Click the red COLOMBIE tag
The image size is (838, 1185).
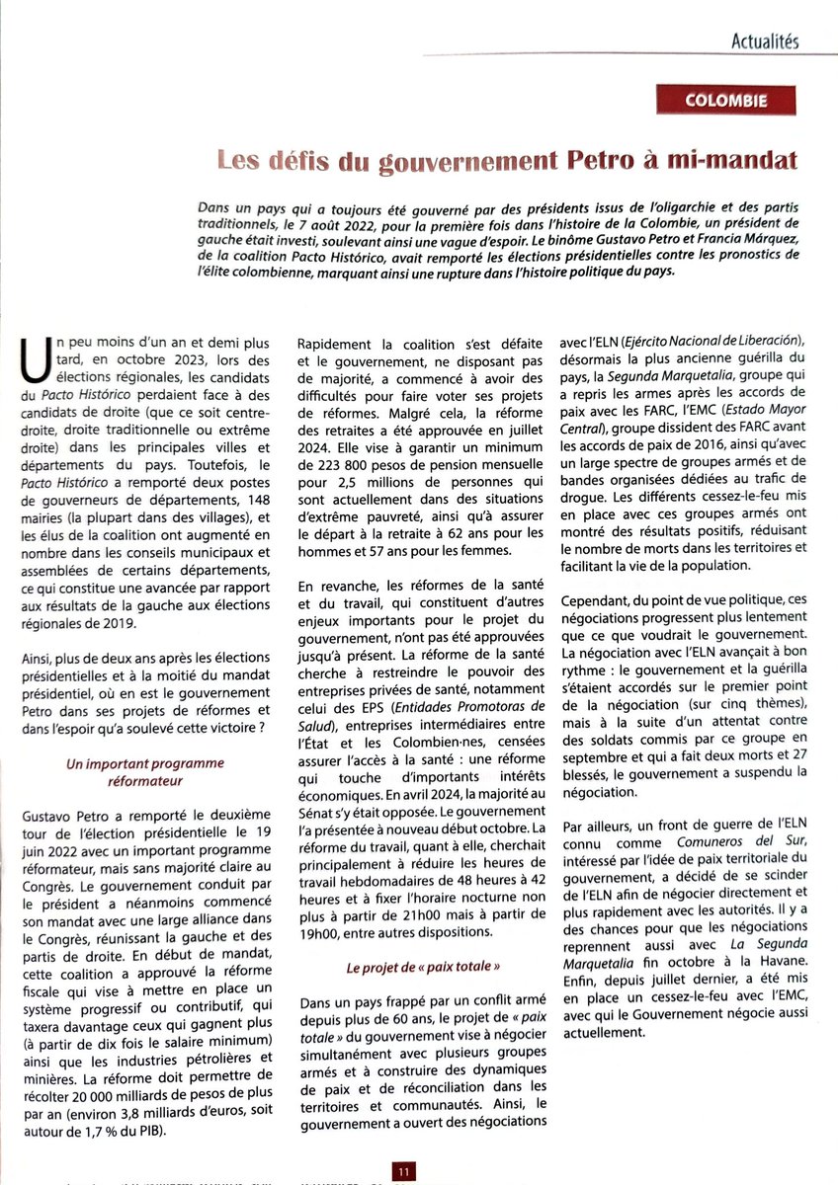pos(726,101)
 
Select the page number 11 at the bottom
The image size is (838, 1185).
pos(404,1171)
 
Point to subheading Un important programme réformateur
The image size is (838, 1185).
pos(145,771)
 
